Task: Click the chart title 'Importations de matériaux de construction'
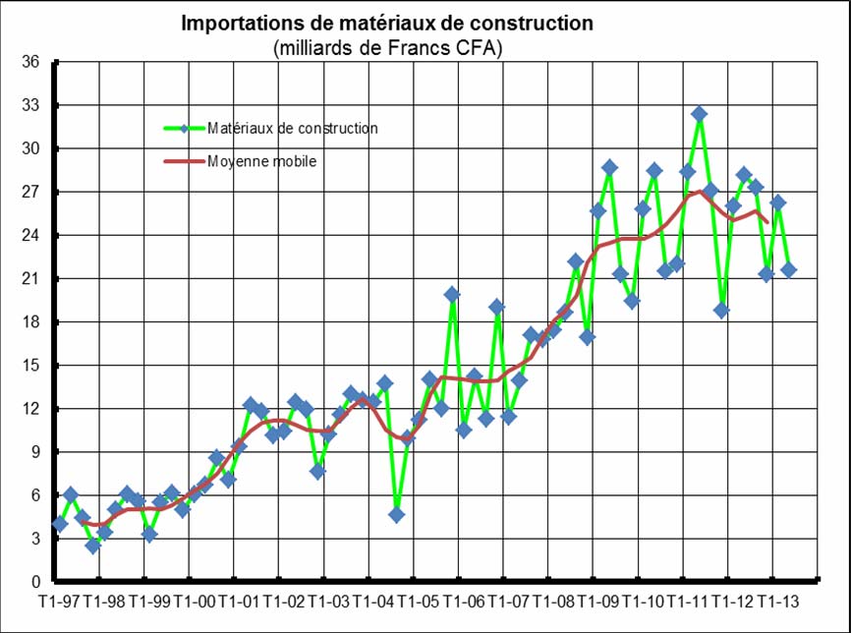coord(387,24)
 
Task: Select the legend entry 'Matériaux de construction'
coord(292,128)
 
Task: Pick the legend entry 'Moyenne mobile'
coord(261,161)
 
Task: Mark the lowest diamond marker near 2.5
coord(93,546)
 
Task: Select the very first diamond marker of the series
coord(60,524)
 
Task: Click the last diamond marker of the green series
coord(788,270)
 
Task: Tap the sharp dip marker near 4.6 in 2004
coord(396,514)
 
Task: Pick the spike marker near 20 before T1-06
coord(452,295)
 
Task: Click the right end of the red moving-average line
coord(766,222)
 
